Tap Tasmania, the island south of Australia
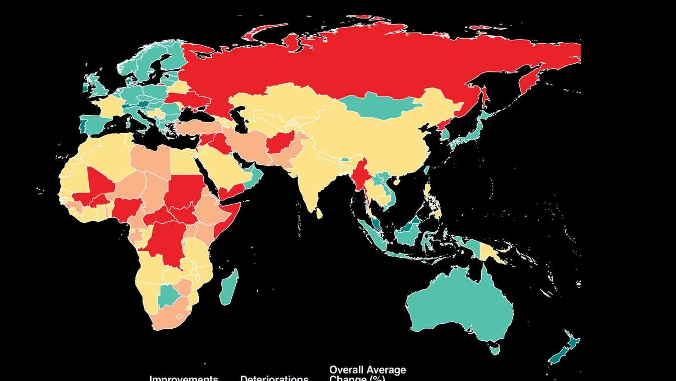[x=495, y=348]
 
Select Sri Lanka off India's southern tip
[x=320, y=214]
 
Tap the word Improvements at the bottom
[x=184, y=378]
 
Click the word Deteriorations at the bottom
[x=274, y=378]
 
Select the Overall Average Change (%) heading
[x=367, y=373]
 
